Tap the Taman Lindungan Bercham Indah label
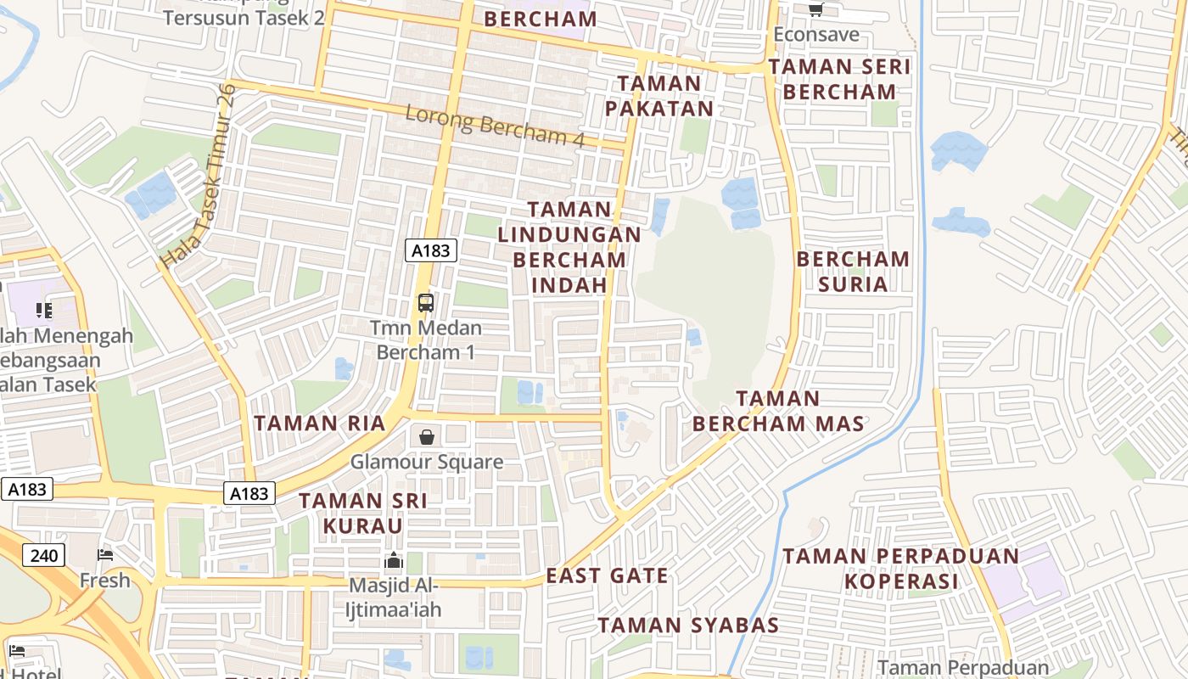tap(569, 246)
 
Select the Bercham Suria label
tap(853, 271)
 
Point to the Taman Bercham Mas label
tap(778, 411)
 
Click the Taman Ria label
tap(320, 423)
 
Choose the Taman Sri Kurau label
tap(363, 513)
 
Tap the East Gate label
tap(607, 575)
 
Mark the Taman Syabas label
tap(688, 626)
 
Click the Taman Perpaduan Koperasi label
tap(900, 569)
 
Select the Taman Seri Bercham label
tap(838, 79)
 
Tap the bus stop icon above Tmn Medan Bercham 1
tap(426, 302)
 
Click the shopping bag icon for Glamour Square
tap(427, 437)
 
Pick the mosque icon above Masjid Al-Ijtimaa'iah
tap(393, 560)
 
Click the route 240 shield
tap(42, 556)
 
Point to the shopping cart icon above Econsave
tap(815, 9)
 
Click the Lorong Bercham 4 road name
tap(495, 126)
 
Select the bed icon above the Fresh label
tap(105, 555)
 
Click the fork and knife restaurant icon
tap(44, 311)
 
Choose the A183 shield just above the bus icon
tap(432, 250)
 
